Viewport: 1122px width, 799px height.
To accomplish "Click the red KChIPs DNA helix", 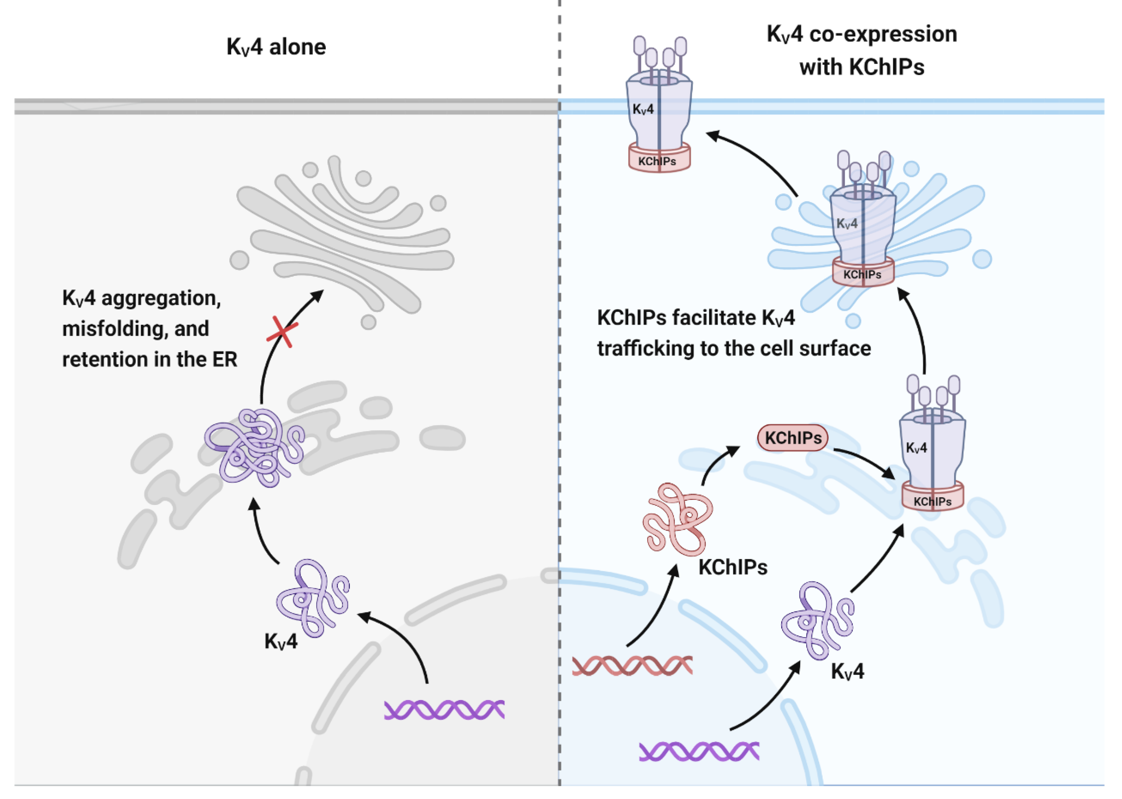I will click(x=632, y=666).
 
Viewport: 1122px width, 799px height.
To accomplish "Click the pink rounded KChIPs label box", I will click(x=793, y=438).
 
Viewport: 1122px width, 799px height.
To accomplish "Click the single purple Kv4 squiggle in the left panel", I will click(x=313, y=598).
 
